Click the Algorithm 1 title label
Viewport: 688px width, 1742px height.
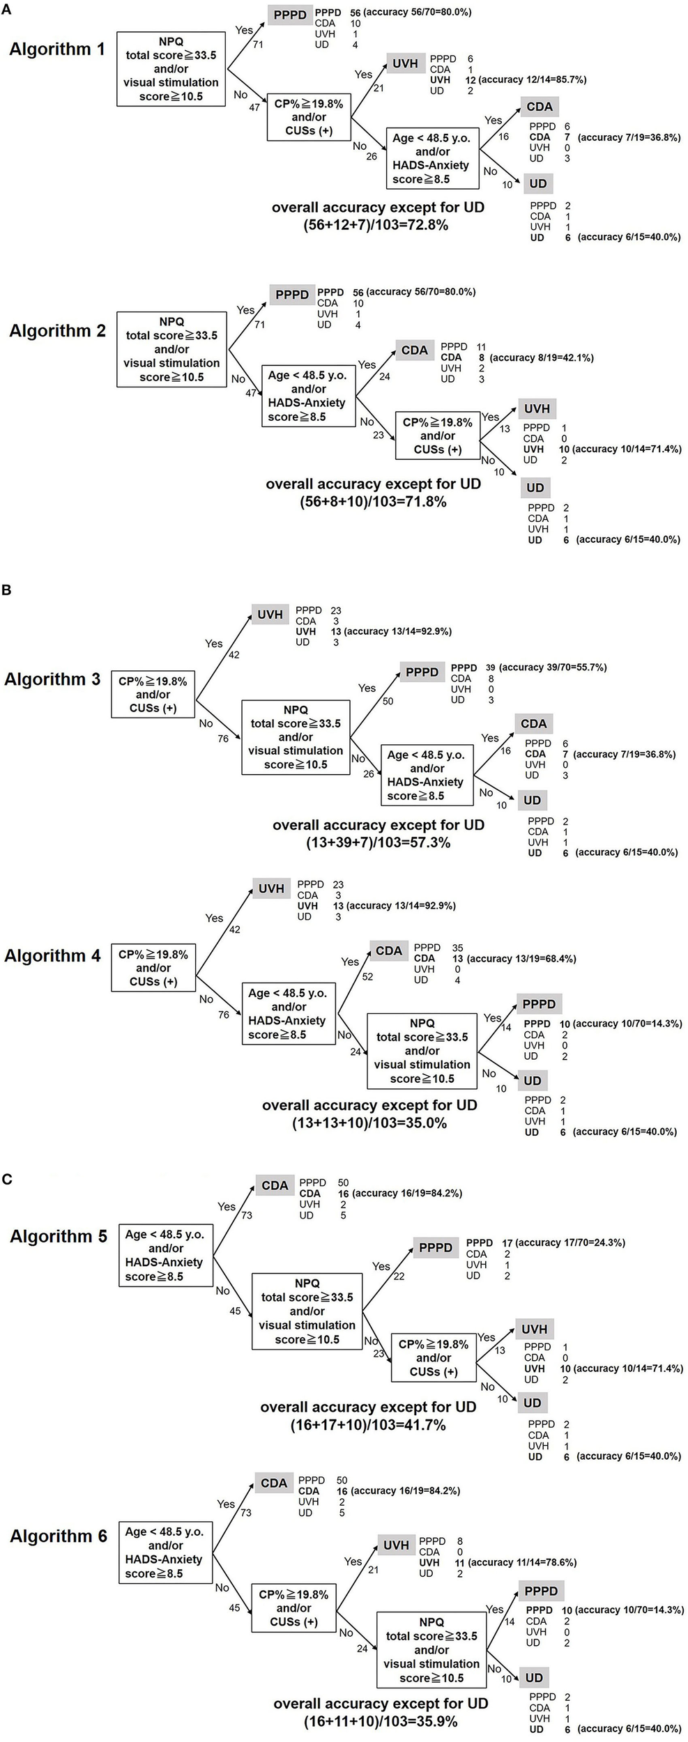coord(57,49)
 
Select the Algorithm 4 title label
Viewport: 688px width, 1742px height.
coord(52,955)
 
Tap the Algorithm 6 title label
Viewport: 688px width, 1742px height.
coord(59,1536)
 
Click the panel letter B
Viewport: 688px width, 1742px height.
coord(6,589)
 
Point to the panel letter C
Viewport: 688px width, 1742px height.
coord(7,1179)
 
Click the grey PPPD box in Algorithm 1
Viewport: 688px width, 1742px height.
coord(290,15)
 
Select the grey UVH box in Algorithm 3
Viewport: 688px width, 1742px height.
coord(270,615)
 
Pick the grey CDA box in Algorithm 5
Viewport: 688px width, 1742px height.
coord(275,1185)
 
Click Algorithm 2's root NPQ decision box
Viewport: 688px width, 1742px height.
coord(171,349)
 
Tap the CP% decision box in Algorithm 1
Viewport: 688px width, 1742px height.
coord(309,117)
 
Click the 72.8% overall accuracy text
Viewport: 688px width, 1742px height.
coord(379,225)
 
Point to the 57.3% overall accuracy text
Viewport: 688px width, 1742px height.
coord(379,842)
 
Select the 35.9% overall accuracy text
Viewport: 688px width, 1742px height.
coord(381,1721)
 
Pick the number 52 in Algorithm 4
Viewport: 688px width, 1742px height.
coord(367,977)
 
